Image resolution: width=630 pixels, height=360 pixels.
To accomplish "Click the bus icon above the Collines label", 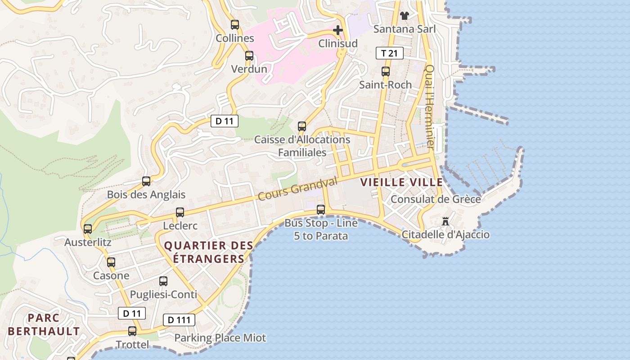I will coord(235,25).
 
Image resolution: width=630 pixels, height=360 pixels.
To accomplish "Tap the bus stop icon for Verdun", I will coord(249,56).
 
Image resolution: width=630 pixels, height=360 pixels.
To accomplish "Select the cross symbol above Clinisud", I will coord(338,30).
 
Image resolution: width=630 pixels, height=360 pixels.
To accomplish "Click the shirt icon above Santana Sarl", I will coord(404,16).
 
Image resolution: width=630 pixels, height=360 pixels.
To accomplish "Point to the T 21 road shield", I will coord(389,54).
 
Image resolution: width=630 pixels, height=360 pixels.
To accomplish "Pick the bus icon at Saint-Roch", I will coord(386,72).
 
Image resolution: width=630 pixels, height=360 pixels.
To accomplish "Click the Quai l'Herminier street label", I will coord(430,107).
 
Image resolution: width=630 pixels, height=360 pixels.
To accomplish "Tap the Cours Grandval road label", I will coord(297,189).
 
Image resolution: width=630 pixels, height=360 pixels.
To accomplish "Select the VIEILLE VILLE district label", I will coord(401,182).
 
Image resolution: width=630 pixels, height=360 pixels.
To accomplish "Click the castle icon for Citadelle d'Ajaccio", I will coord(445,221).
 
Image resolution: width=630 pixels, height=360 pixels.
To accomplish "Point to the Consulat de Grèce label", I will coord(436,199).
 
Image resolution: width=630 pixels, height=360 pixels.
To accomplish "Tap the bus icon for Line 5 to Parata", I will coord(321,209).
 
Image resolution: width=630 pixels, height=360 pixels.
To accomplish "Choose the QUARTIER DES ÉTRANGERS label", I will coord(208,252).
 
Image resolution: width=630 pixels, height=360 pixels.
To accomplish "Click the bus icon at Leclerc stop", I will coord(180,212).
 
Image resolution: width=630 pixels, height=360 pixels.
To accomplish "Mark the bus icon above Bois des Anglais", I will coord(146,181).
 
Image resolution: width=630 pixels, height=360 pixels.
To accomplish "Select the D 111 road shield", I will coord(179,320).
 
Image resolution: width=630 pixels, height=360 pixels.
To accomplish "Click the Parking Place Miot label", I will coord(220,337).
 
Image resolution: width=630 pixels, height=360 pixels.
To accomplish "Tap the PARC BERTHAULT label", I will coord(44,324).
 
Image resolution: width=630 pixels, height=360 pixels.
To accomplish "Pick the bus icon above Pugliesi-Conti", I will coord(163,281).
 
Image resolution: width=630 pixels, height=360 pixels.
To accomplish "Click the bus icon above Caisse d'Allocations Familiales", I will coord(302,126).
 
